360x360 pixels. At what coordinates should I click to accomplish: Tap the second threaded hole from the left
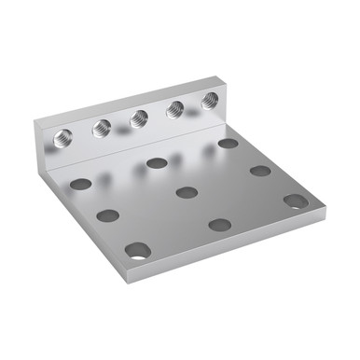click(x=102, y=129)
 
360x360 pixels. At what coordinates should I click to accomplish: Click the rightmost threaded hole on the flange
click(x=210, y=101)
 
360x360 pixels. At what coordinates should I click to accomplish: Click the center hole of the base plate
click(x=187, y=193)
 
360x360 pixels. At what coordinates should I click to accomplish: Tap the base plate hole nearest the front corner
click(x=138, y=250)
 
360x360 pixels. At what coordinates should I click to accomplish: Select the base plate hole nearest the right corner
click(x=296, y=201)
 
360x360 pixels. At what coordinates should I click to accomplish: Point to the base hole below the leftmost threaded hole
click(x=81, y=184)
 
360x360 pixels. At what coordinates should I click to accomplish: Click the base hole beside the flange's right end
click(x=228, y=144)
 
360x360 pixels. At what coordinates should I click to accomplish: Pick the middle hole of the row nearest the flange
click(x=157, y=163)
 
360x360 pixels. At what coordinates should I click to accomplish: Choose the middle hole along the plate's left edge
click(x=108, y=215)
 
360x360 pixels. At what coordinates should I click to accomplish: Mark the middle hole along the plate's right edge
click(x=260, y=171)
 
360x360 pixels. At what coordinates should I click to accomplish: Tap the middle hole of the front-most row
click(x=220, y=225)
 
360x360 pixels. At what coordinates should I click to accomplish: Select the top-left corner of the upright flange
click(x=35, y=121)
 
